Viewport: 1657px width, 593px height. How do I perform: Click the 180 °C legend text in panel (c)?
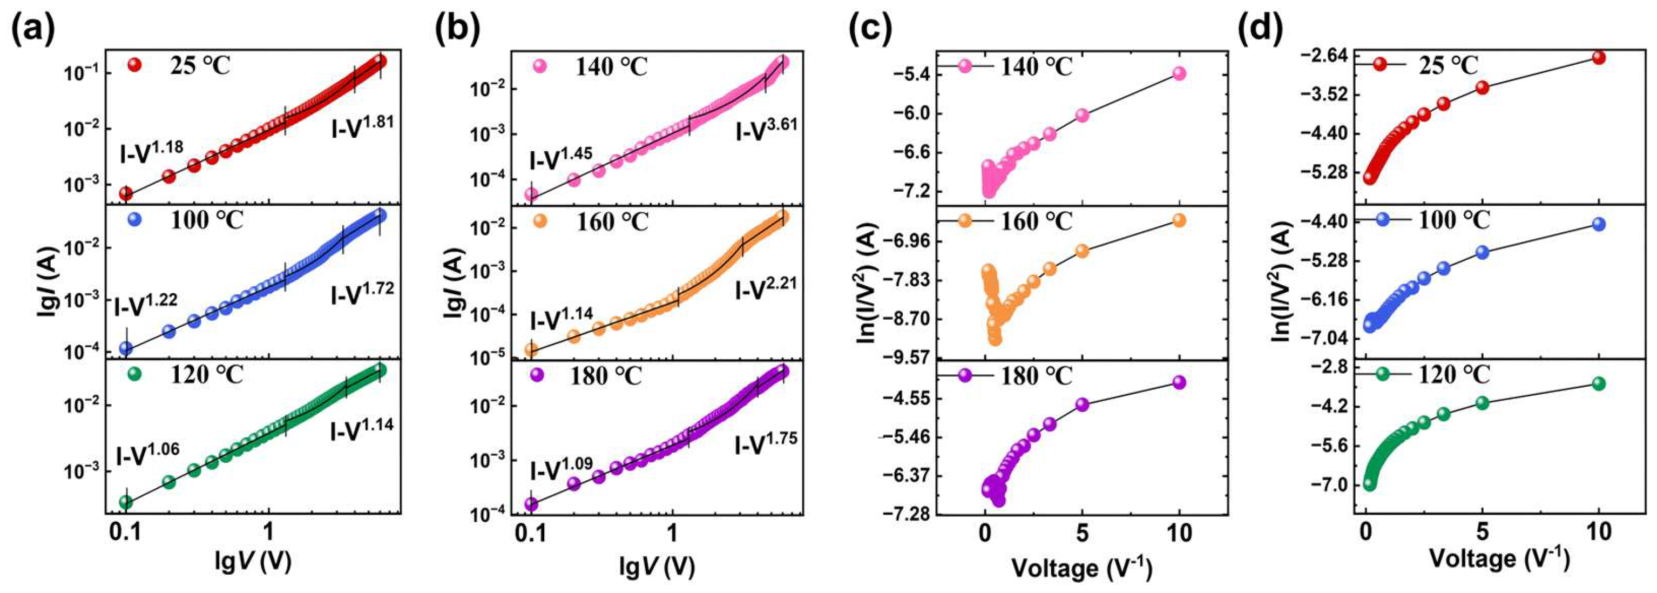click(1036, 375)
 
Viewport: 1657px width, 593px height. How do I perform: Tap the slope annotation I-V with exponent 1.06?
click(148, 454)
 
